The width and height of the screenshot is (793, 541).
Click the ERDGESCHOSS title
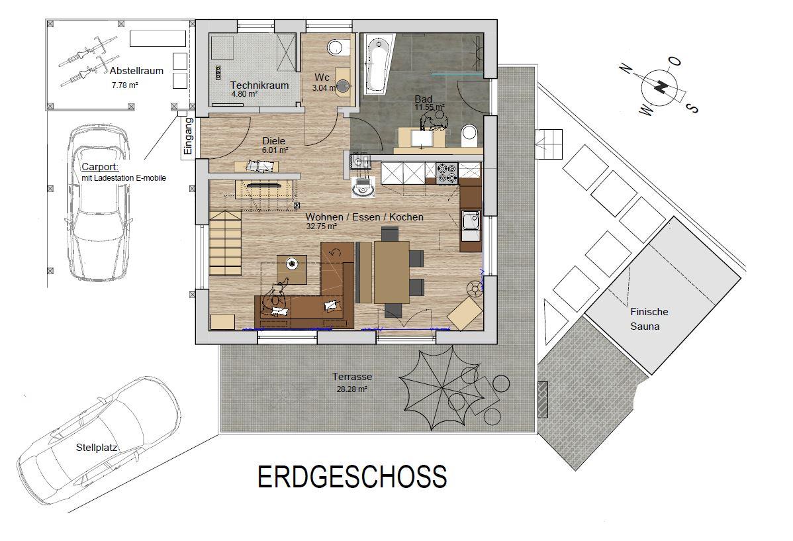click(x=352, y=477)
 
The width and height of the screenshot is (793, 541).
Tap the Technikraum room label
click(x=259, y=85)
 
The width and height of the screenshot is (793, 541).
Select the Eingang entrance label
click(x=188, y=136)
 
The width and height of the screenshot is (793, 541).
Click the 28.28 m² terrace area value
click(x=351, y=389)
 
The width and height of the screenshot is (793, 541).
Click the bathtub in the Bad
click(x=377, y=64)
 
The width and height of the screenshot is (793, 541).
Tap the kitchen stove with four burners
click(x=447, y=173)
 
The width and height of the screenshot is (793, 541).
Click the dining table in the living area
click(x=391, y=271)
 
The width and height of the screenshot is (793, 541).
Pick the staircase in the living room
click(x=225, y=243)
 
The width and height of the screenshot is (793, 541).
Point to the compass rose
click(x=659, y=87)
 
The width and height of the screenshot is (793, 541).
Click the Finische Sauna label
click(x=649, y=319)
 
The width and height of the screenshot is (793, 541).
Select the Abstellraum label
click(x=136, y=71)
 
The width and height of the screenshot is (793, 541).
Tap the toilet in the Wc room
click(x=337, y=48)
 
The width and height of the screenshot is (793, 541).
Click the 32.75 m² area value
click(x=322, y=226)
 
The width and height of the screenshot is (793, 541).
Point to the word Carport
click(x=100, y=167)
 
